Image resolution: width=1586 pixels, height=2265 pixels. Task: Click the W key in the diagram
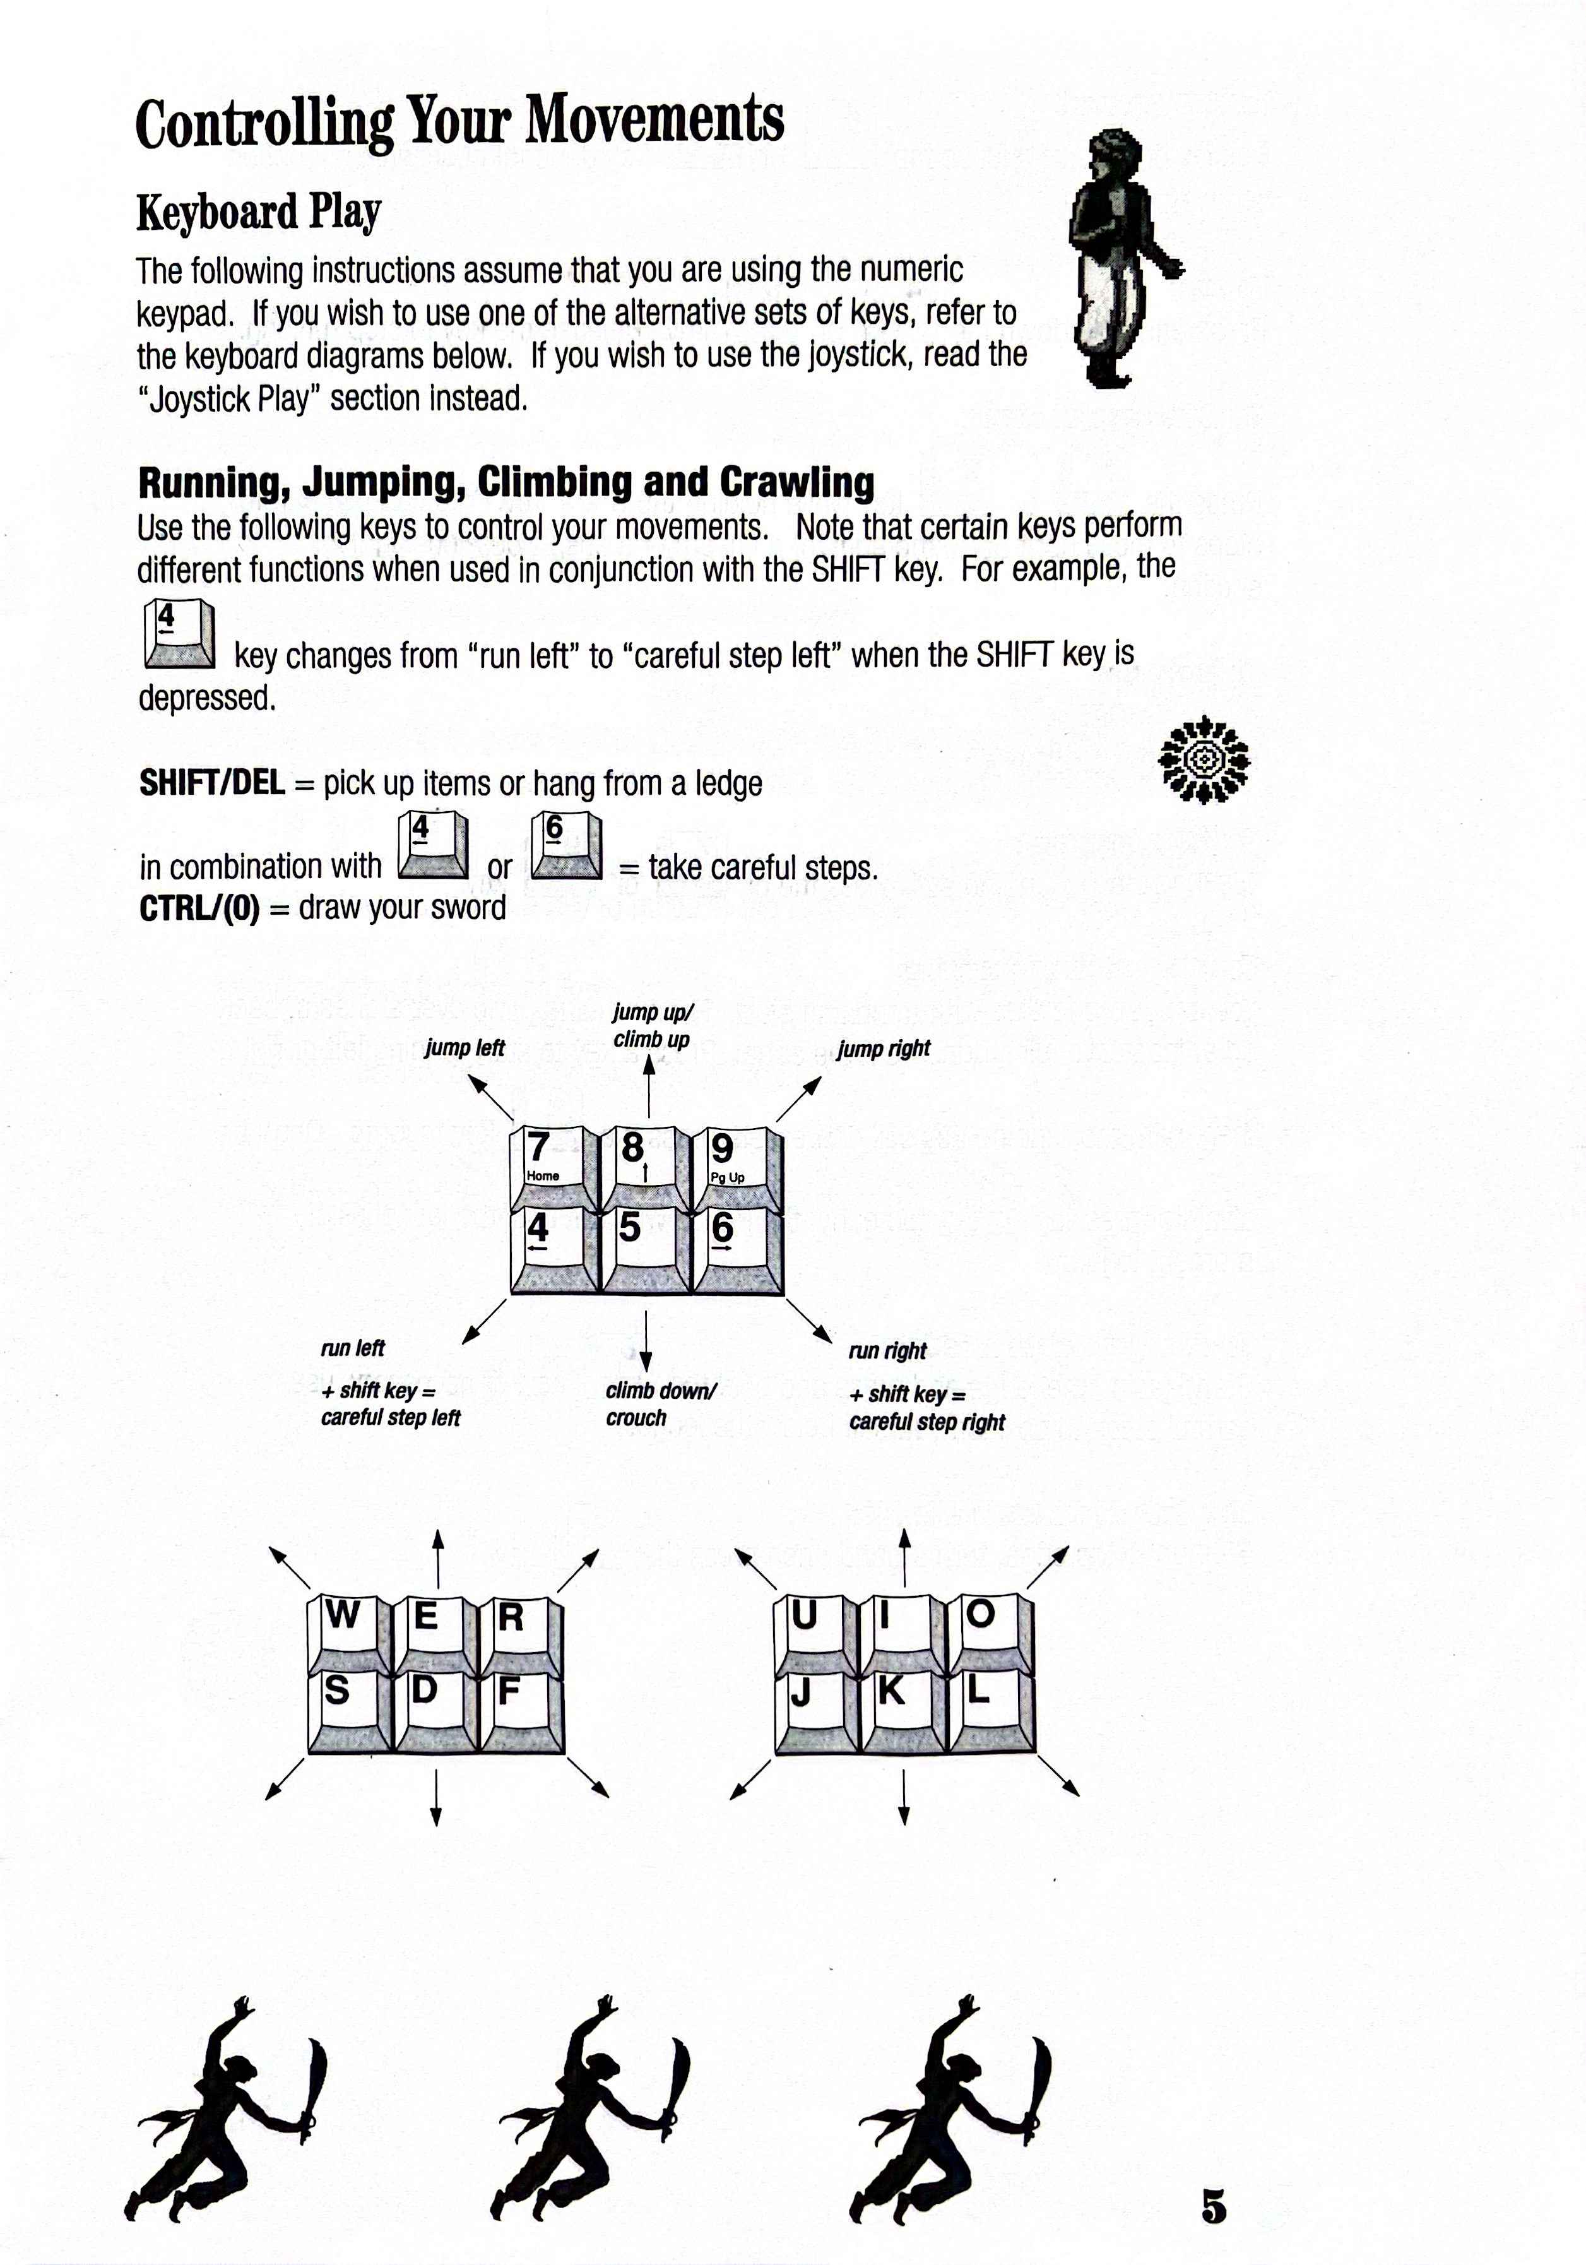[348, 1630]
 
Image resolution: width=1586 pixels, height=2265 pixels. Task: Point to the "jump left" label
[465, 1048]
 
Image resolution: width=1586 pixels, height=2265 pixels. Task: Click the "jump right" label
[884, 1049]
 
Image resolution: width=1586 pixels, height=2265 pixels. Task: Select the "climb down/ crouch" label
[660, 1404]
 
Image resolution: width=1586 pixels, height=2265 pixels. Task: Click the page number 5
[1213, 2206]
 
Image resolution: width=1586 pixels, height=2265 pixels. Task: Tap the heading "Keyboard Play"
[258, 212]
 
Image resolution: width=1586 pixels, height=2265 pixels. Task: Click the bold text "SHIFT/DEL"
[212, 783]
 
